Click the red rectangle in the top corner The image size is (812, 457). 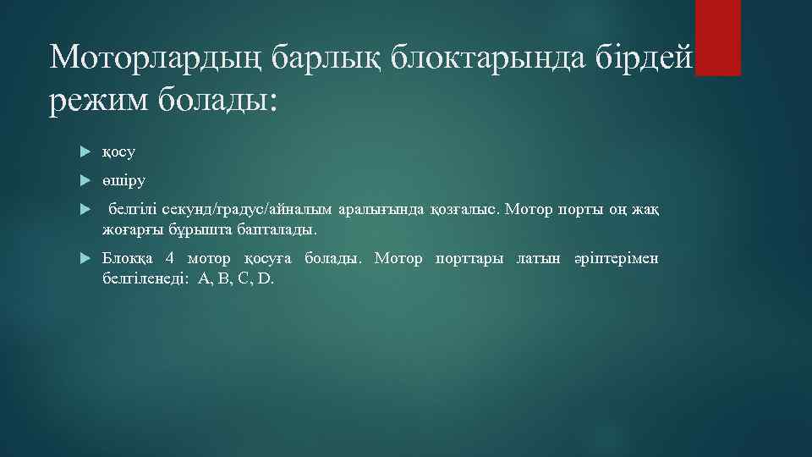point(717,37)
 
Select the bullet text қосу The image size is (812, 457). point(118,152)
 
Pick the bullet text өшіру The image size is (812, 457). point(123,180)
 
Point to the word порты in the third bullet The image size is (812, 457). point(573,209)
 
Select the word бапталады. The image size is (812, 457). point(277,229)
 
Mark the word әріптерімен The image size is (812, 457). point(616,257)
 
